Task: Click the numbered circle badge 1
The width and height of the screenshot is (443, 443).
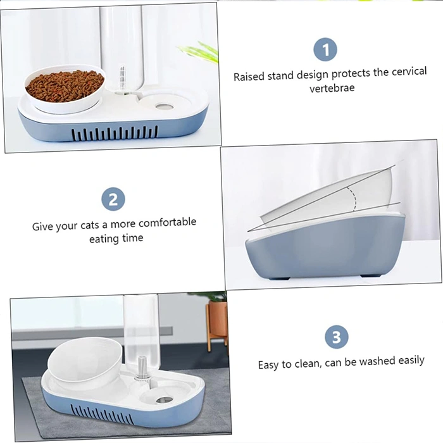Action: point(325,49)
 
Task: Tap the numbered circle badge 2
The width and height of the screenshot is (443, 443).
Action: point(113,199)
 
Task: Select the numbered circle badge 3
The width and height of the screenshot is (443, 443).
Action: point(337,337)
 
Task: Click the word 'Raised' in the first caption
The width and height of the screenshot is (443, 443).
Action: point(249,77)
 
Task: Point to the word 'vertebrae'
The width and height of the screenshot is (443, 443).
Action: point(332,88)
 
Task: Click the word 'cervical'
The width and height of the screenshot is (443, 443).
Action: point(409,71)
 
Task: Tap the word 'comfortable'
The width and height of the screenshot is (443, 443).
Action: point(167,222)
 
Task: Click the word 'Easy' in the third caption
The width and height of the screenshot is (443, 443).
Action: point(268,365)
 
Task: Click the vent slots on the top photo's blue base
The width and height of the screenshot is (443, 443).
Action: point(115,134)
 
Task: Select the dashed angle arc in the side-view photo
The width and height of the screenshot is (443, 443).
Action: point(353,199)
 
